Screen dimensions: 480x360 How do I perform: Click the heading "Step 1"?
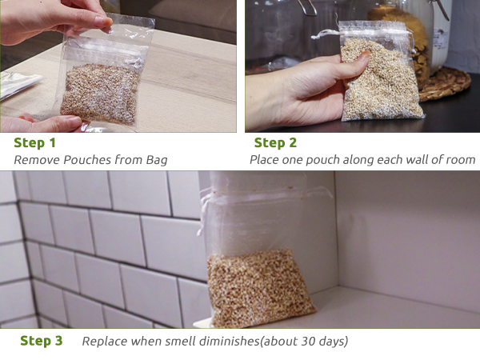click(x=34, y=143)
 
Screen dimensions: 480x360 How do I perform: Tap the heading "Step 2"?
click(x=275, y=143)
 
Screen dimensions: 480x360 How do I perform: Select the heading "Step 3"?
click(x=42, y=341)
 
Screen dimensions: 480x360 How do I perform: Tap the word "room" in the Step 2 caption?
click(x=462, y=161)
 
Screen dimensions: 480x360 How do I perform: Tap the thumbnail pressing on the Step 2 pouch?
click(x=364, y=55)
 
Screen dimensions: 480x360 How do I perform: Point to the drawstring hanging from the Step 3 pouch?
click(x=202, y=214)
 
